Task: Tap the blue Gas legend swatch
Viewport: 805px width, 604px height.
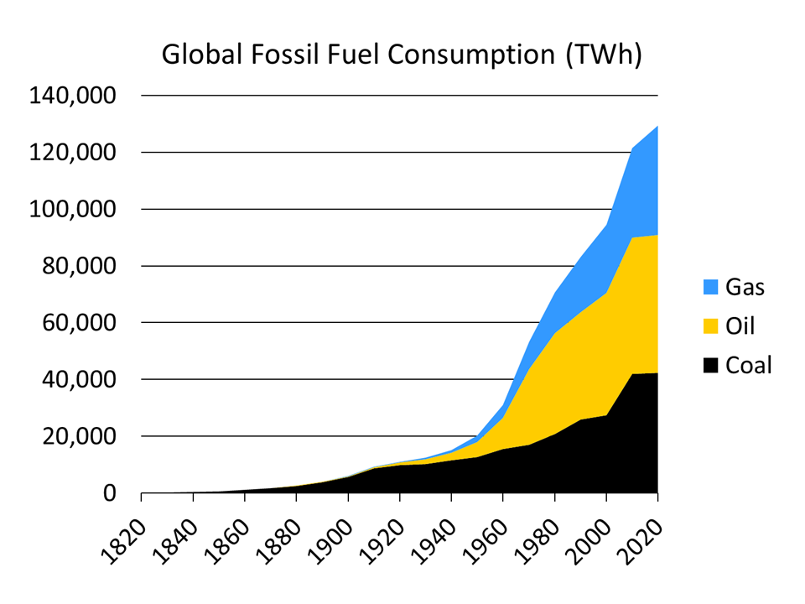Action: coord(710,287)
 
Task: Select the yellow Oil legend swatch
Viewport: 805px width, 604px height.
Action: coord(710,325)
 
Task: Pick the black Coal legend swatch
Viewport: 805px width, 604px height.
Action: coord(710,365)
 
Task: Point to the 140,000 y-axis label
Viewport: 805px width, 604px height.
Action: coord(72,96)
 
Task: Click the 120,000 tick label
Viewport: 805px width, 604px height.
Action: coord(72,153)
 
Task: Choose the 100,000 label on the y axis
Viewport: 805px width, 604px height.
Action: coord(72,210)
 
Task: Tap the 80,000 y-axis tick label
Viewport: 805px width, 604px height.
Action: coord(80,266)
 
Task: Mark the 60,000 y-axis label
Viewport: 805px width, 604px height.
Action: coord(80,323)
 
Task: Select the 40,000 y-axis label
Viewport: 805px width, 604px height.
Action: coord(80,380)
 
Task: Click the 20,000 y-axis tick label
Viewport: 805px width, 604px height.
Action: coord(80,436)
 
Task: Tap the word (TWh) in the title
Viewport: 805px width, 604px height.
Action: coord(604,55)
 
